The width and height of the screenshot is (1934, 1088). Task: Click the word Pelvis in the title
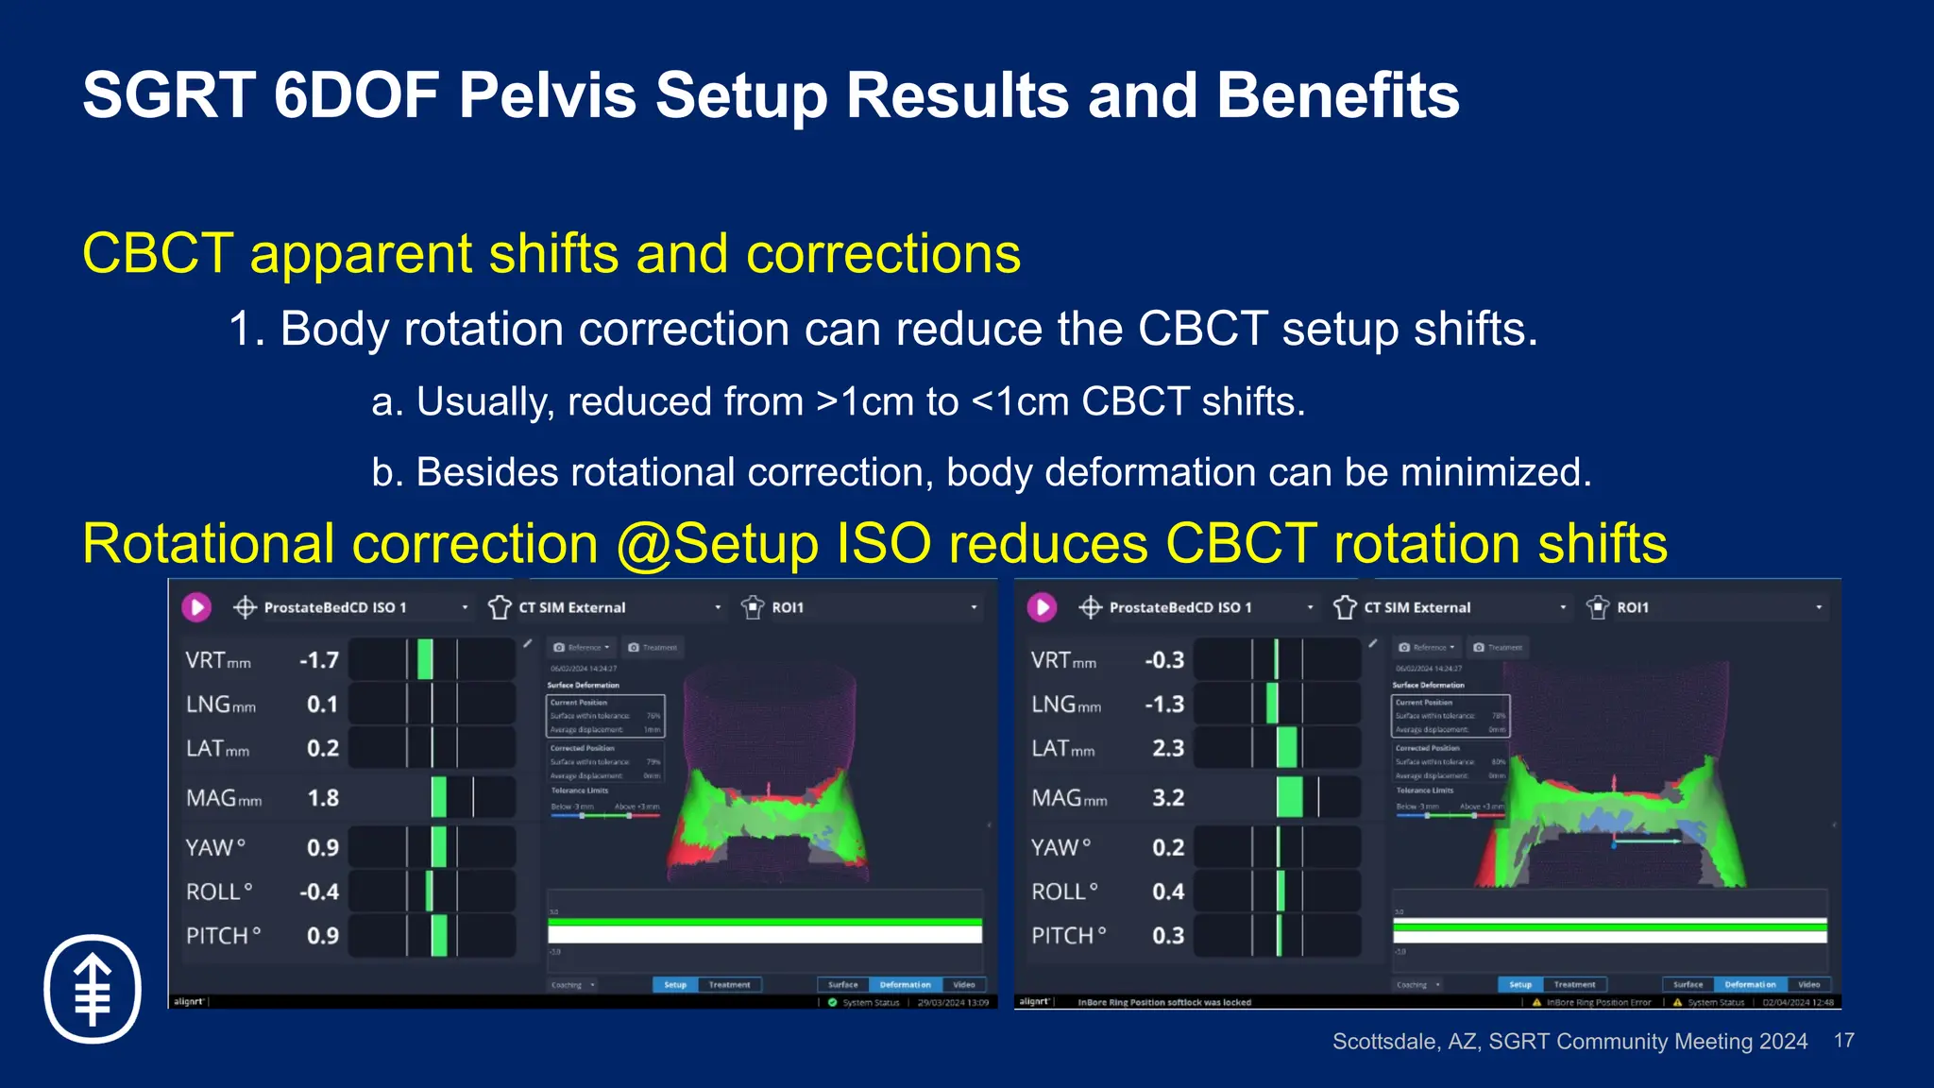pyautogui.click(x=548, y=96)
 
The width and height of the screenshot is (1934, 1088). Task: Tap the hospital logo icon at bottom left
pyautogui.click(x=93, y=989)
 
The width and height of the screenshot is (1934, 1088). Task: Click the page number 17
pyautogui.click(x=1843, y=1041)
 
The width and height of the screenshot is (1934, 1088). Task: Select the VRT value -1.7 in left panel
pyautogui.click(x=318, y=660)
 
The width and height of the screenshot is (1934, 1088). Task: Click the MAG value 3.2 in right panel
pyautogui.click(x=1167, y=798)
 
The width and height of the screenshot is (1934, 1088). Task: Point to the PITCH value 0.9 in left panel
pyautogui.click(x=322, y=936)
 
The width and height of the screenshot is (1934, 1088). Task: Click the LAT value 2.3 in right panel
pyautogui.click(x=1167, y=748)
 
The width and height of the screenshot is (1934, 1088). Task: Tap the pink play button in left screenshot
pyautogui.click(x=196, y=607)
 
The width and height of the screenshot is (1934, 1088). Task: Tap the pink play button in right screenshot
pyautogui.click(x=1042, y=607)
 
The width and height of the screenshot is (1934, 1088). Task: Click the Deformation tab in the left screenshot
pyautogui.click(x=905, y=984)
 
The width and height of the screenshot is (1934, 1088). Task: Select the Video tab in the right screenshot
pyautogui.click(x=1808, y=984)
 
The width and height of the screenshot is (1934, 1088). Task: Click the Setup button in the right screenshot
pyautogui.click(x=1520, y=984)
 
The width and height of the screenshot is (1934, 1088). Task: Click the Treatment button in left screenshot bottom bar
pyautogui.click(x=729, y=984)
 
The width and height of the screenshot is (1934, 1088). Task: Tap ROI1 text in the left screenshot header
pyautogui.click(x=788, y=607)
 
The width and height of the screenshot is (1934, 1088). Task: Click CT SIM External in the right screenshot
pyautogui.click(x=1417, y=607)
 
